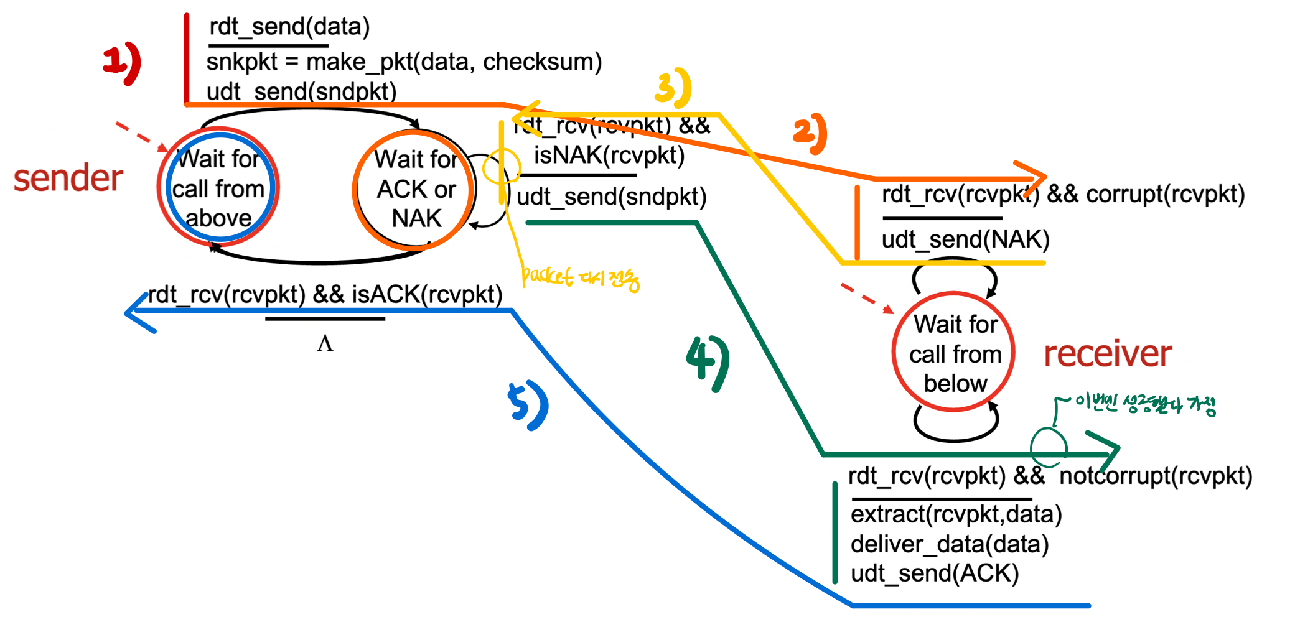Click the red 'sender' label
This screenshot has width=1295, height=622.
pos(68,179)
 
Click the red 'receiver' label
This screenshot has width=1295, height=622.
pos(1108,354)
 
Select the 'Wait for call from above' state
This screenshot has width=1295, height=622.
pos(218,188)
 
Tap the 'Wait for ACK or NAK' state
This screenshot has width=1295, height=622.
pos(416,189)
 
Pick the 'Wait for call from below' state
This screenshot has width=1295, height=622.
pos(955,353)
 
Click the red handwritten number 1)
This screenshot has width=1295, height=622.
pos(122,63)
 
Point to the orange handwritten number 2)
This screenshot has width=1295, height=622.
pos(810,134)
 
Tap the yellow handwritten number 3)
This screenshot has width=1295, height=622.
pos(673,87)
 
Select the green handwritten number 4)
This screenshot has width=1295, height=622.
pos(708,363)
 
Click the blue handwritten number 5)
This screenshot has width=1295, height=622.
pos(528,406)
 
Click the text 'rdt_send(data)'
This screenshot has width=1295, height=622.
pos(289,27)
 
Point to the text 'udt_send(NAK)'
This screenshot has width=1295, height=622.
pos(965,239)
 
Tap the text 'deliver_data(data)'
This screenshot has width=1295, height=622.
pos(950,544)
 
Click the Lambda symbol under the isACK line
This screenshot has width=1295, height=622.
pos(325,343)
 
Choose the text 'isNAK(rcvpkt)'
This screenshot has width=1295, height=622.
pos(609,155)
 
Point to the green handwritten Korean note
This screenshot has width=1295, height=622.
pos(1145,405)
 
